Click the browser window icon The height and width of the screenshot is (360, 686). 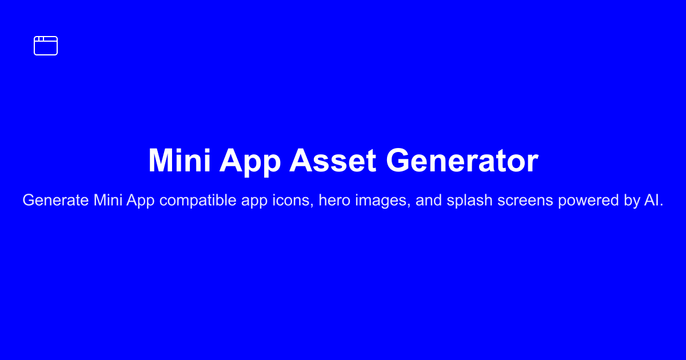(x=46, y=37)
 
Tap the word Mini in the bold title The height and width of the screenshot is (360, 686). (x=180, y=161)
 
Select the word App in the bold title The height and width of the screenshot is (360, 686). (x=250, y=162)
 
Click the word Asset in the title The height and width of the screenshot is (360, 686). (x=333, y=161)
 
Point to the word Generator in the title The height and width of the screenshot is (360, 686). (x=462, y=161)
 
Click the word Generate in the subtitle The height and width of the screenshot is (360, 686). (x=55, y=200)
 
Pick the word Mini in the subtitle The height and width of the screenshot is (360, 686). (x=108, y=200)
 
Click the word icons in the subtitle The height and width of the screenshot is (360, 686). (x=293, y=201)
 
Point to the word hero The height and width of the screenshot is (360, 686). (x=334, y=200)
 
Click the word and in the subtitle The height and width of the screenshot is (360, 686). (x=428, y=200)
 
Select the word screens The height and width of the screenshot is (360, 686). (x=525, y=200)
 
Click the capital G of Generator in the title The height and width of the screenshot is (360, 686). (x=397, y=161)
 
